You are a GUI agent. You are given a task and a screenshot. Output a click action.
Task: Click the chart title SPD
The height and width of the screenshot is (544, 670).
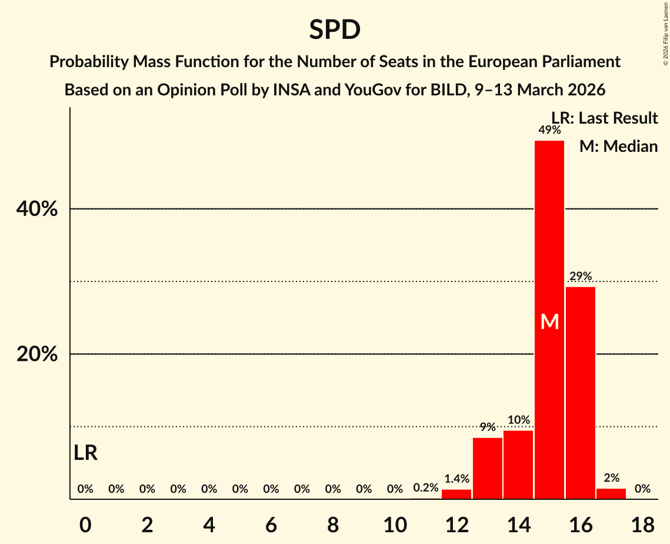(x=335, y=29)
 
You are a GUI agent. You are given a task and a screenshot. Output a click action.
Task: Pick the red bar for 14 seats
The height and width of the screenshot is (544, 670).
(x=518, y=465)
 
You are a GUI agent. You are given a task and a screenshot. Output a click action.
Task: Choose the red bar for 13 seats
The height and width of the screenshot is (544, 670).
(x=488, y=468)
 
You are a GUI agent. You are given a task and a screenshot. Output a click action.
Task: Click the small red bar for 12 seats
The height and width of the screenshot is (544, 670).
(x=456, y=494)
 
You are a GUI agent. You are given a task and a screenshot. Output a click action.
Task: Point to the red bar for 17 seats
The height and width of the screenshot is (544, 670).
(x=611, y=493)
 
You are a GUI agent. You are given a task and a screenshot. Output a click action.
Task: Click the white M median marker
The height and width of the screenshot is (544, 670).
(x=549, y=321)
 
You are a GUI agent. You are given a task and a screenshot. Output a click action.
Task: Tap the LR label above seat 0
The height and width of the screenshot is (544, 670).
(x=86, y=453)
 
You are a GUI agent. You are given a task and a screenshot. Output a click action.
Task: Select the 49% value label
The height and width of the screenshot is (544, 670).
(x=549, y=130)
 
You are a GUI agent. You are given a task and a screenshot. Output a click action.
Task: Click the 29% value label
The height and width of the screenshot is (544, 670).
(x=581, y=276)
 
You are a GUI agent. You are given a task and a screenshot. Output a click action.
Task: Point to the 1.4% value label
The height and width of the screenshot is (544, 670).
(x=456, y=479)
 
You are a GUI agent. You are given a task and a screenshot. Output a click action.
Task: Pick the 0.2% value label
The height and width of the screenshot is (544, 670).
(x=425, y=488)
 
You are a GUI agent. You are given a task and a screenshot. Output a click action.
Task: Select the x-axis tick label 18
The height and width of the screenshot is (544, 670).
(x=642, y=523)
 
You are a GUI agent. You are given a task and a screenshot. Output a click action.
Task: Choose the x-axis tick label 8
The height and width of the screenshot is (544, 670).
(x=333, y=523)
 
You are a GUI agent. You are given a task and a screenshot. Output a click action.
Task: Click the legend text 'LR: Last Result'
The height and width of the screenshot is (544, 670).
(x=605, y=118)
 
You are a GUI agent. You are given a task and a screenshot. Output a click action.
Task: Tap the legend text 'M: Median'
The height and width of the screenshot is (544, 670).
(x=618, y=146)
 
